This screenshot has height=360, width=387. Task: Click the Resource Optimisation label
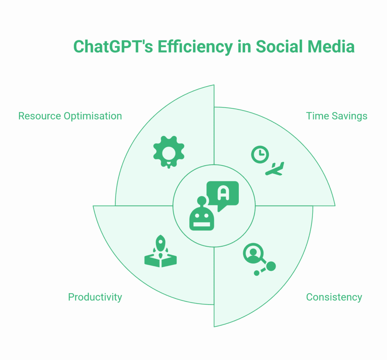70,116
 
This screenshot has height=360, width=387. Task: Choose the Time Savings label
336,116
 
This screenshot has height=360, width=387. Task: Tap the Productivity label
95,297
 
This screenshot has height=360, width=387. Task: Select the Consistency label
334,297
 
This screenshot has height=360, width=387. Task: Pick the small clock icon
260,155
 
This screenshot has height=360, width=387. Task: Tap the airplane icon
275,169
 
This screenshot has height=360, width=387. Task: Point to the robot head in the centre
201,218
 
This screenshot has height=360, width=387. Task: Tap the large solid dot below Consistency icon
271,266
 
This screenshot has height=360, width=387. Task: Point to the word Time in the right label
316,116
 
